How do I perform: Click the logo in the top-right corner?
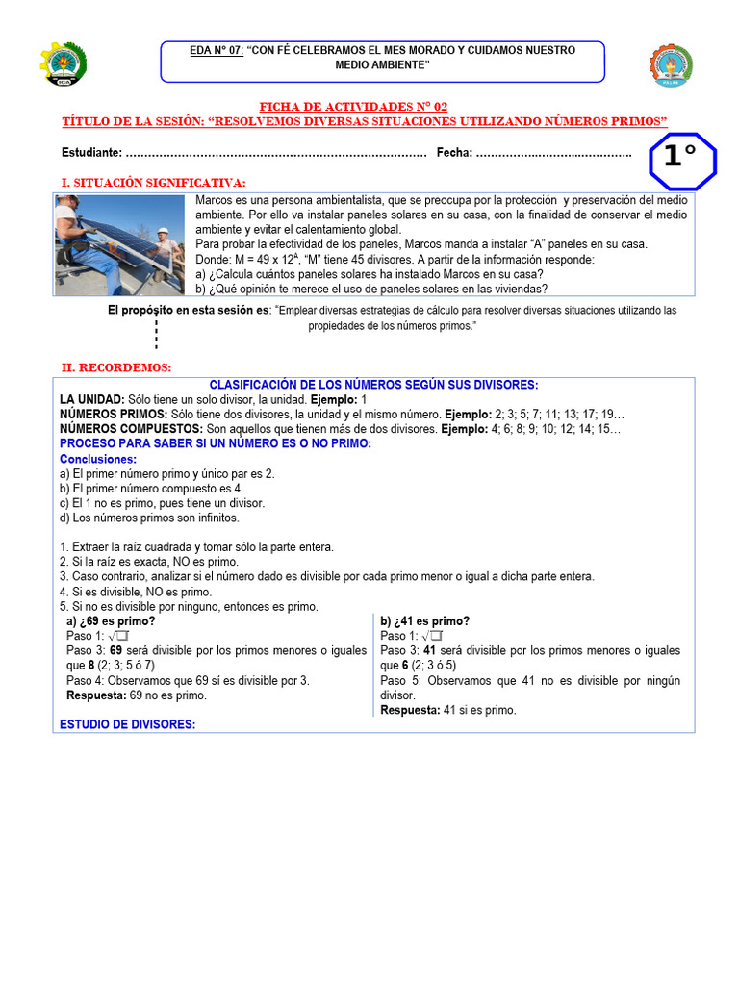point(670,65)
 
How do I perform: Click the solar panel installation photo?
point(119,244)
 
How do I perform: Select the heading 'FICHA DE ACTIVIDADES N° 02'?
point(353,107)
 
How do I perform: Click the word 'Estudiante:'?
point(91,153)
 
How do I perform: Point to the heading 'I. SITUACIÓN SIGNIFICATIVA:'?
point(153,183)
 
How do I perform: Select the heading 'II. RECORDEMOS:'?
point(115,367)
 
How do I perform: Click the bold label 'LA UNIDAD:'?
point(91,399)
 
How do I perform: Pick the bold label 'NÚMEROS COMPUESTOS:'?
point(131,428)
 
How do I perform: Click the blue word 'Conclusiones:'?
point(97,459)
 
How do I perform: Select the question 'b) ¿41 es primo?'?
point(424,621)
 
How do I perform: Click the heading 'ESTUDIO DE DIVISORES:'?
point(127,724)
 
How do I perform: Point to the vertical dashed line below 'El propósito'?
point(156,334)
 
